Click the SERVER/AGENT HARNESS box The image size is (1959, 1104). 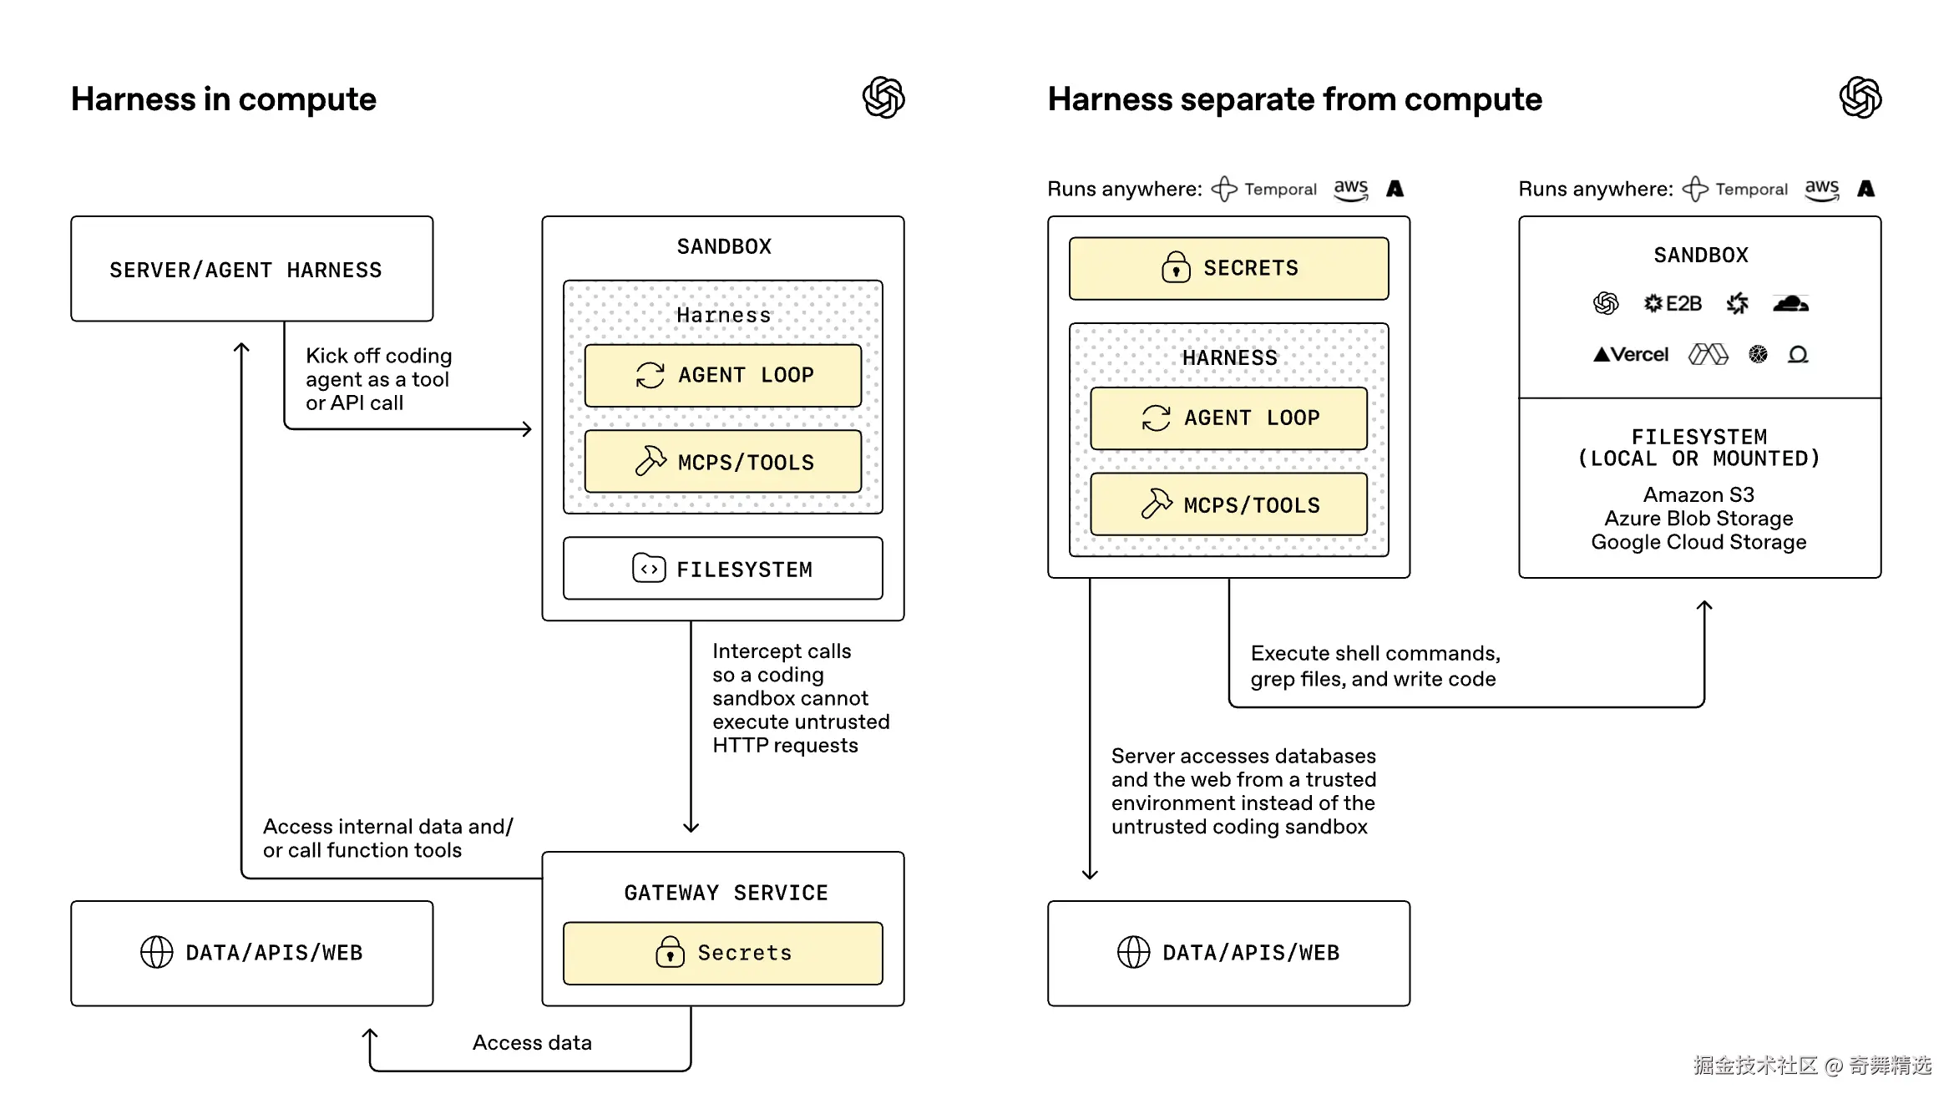click(x=251, y=269)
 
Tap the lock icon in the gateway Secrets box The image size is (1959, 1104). click(x=670, y=952)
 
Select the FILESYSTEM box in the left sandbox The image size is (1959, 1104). click(x=722, y=569)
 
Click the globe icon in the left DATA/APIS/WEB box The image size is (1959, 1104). click(x=156, y=952)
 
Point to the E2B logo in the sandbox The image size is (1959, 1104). click(x=1673, y=304)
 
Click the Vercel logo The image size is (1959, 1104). click(x=1631, y=355)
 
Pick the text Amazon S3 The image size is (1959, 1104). click(x=1698, y=494)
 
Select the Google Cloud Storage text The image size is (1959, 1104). click(x=1698, y=542)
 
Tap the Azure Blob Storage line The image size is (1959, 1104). click(x=1698, y=519)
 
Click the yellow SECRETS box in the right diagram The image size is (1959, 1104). click(x=1228, y=268)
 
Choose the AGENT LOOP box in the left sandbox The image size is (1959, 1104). click(x=722, y=375)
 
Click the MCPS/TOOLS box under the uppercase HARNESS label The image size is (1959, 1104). click(x=1228, y=504)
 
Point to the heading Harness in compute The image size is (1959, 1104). click(x=224, y=99)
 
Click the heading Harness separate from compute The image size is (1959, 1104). click(x=1294, y=99)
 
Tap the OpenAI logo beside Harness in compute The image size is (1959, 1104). click(x=883, y=98)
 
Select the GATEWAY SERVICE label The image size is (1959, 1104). click(x=726, y=893)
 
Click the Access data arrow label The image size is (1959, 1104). click(x=532, y=1042)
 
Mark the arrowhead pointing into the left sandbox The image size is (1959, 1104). click(x=527, y=429)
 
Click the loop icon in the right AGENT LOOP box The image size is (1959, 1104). click(x=1156, y=418)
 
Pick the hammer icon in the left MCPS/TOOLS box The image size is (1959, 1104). click(x=650, y=461)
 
